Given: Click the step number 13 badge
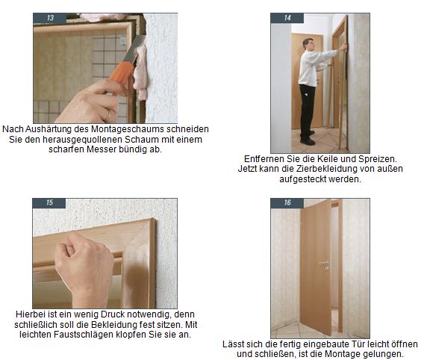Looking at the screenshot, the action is tap(49, 19).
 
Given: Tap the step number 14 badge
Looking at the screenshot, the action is tap(287, 18).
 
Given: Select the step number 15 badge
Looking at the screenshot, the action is tap(49, 203).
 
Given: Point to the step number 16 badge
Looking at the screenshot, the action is tap(287, 203).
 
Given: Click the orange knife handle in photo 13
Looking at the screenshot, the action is tap(121, 74).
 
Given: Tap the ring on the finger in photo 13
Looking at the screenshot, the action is tap(108, 116).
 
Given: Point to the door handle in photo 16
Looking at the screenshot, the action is tap(324, 264).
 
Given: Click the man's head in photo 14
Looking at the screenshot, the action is tap(308, 44).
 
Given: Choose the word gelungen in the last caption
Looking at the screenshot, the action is tap(383, 354).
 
